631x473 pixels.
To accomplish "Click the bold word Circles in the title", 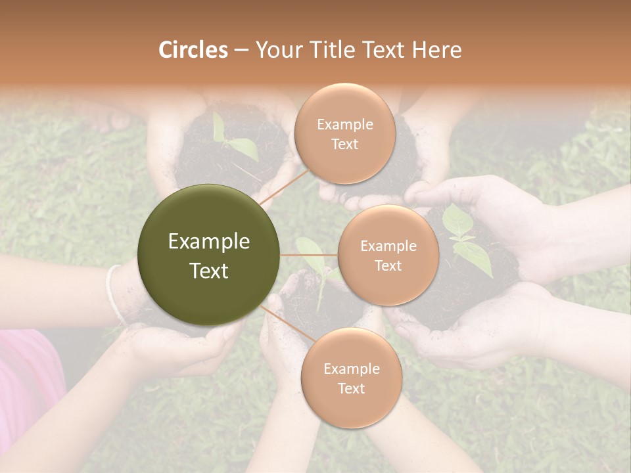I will pyautogui.click(x=193, y=50).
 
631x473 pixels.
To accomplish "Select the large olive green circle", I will pyautogui.click(x=208, y=255).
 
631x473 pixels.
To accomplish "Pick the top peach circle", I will pyautogui.click(x=344, y=133).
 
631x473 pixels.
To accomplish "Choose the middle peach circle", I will pyautogui.click(x=388, y=255).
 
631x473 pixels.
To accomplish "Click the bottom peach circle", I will pyautogui.click(x=351, y=378).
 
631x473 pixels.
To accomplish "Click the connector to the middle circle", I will pyautogui.click(x=308, y=255).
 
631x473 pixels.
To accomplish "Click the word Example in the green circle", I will pyautogui.click(x=208, y=242).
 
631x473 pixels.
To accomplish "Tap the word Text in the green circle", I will pyautogui.click(x=208, y=271).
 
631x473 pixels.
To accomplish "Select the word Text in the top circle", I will pyautogui.click(x=344, y=144).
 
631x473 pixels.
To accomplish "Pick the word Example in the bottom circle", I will pyautogui.click(x=351, y=369).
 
